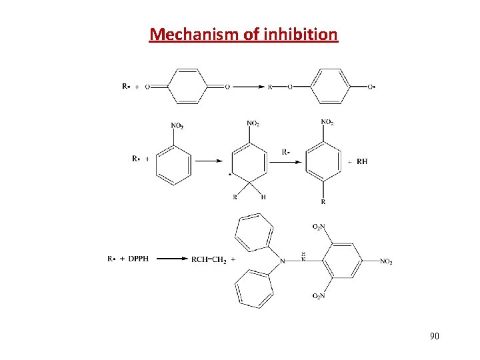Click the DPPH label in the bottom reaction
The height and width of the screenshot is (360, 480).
click(x=138, y=259)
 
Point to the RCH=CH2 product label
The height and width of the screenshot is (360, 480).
click(x=209, y=259)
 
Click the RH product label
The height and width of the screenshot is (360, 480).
click(x=362, y=161)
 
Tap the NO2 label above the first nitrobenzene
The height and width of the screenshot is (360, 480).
click(x=177, y=125)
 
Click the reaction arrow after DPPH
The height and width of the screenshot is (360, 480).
click(x=169, y=259)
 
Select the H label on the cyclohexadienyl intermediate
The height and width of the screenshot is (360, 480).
click(x=263, y=197)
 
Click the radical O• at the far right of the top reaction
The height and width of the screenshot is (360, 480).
click(x=371, y=87)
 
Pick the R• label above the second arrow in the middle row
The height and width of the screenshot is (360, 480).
click(x=286, y=151)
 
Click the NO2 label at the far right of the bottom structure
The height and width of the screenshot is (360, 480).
click(x=386, y=262)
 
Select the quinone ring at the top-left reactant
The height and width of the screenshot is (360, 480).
click(x=189, y=87)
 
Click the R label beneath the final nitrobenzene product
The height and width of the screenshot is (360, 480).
click(x=323, y=201)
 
